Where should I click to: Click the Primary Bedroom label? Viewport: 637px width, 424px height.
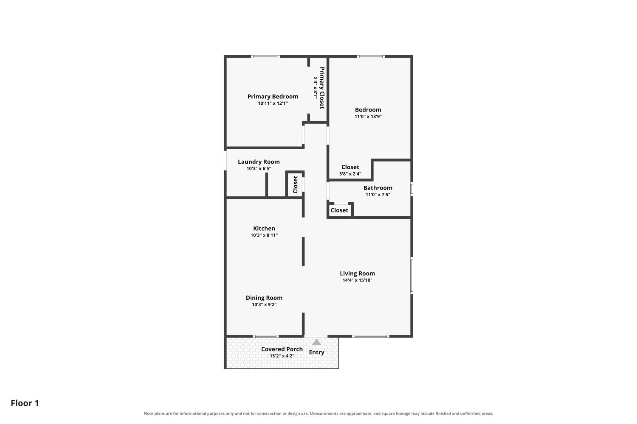(x=273, y=97)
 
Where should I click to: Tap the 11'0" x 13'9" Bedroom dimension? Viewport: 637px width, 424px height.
(x=368, y=117)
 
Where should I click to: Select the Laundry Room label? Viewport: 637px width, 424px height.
(x=259, y=162)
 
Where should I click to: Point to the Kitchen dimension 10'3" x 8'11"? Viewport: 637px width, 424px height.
(x=264, y=235)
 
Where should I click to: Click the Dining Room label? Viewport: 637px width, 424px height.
(x=264, y=298)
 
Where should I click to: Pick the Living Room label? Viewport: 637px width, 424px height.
(x=358, y=273)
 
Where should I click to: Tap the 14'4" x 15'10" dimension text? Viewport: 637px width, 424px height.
(x=358, y=280)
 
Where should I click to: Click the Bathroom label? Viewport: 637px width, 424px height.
(x=378, y=188)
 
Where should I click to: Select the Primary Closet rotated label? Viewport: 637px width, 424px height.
(x=322, y=88)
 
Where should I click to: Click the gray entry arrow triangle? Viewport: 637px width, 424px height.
(x=316, y=342)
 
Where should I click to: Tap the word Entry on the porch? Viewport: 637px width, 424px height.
(x=316, y=352)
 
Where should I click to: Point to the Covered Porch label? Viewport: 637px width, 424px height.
(x=282, y=349)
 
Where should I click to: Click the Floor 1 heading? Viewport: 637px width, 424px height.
(x=25, y=403)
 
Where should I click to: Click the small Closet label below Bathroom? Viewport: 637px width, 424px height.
(x=339, y=210)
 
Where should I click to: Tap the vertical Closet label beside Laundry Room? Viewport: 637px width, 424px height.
(x=295, y=184)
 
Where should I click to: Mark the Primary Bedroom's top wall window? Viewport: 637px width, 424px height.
(x=265, y=56)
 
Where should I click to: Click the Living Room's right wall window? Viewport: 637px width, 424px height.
(x=412, y=275)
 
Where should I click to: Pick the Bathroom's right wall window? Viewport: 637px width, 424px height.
(x=412, y=189)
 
